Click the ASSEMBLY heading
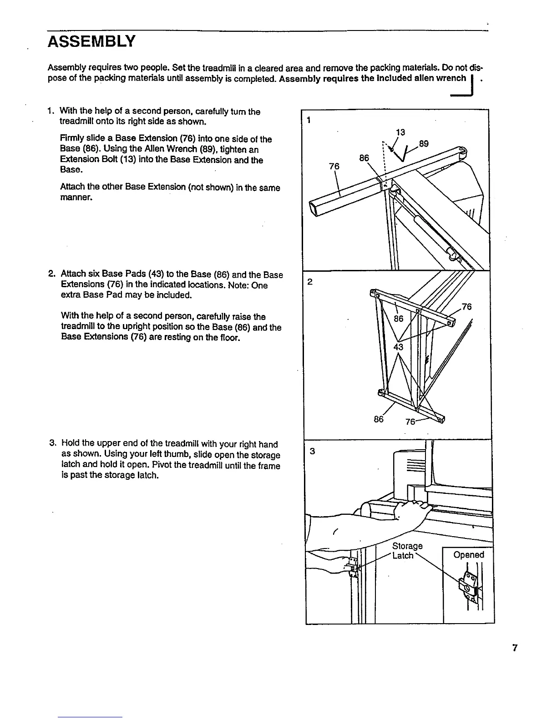[91, 42]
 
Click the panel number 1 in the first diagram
[309, 121]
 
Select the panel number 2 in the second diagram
[309, 282]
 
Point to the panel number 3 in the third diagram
[312, 452]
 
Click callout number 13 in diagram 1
[400, 132]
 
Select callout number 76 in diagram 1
[334, 167]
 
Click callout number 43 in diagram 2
[399, 347]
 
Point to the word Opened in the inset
[469, 555]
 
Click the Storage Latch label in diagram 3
[406, 551]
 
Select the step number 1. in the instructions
[51, 111]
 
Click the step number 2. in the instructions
[51, 274]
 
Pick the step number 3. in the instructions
[52, 444]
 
